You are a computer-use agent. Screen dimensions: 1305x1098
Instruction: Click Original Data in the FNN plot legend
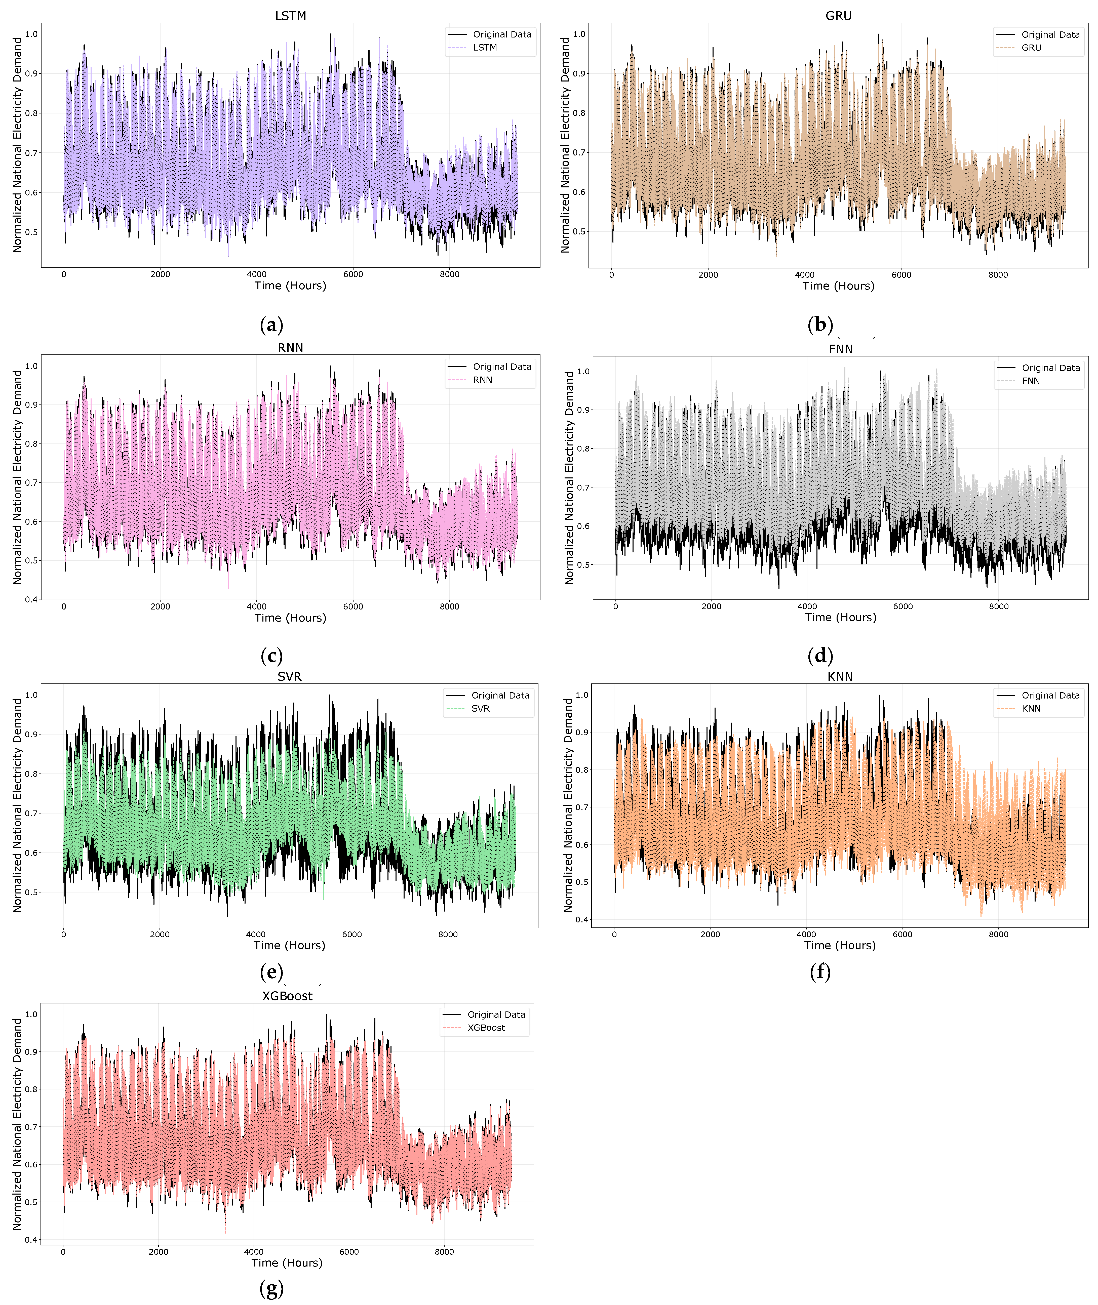[x=1051, y=368]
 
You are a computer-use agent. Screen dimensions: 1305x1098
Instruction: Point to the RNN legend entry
[x=482, y=380]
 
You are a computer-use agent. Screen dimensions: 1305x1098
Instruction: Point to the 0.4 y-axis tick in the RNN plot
[x=31, y=599]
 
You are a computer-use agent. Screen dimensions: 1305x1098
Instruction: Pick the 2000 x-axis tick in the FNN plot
[x=712, y=606]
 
